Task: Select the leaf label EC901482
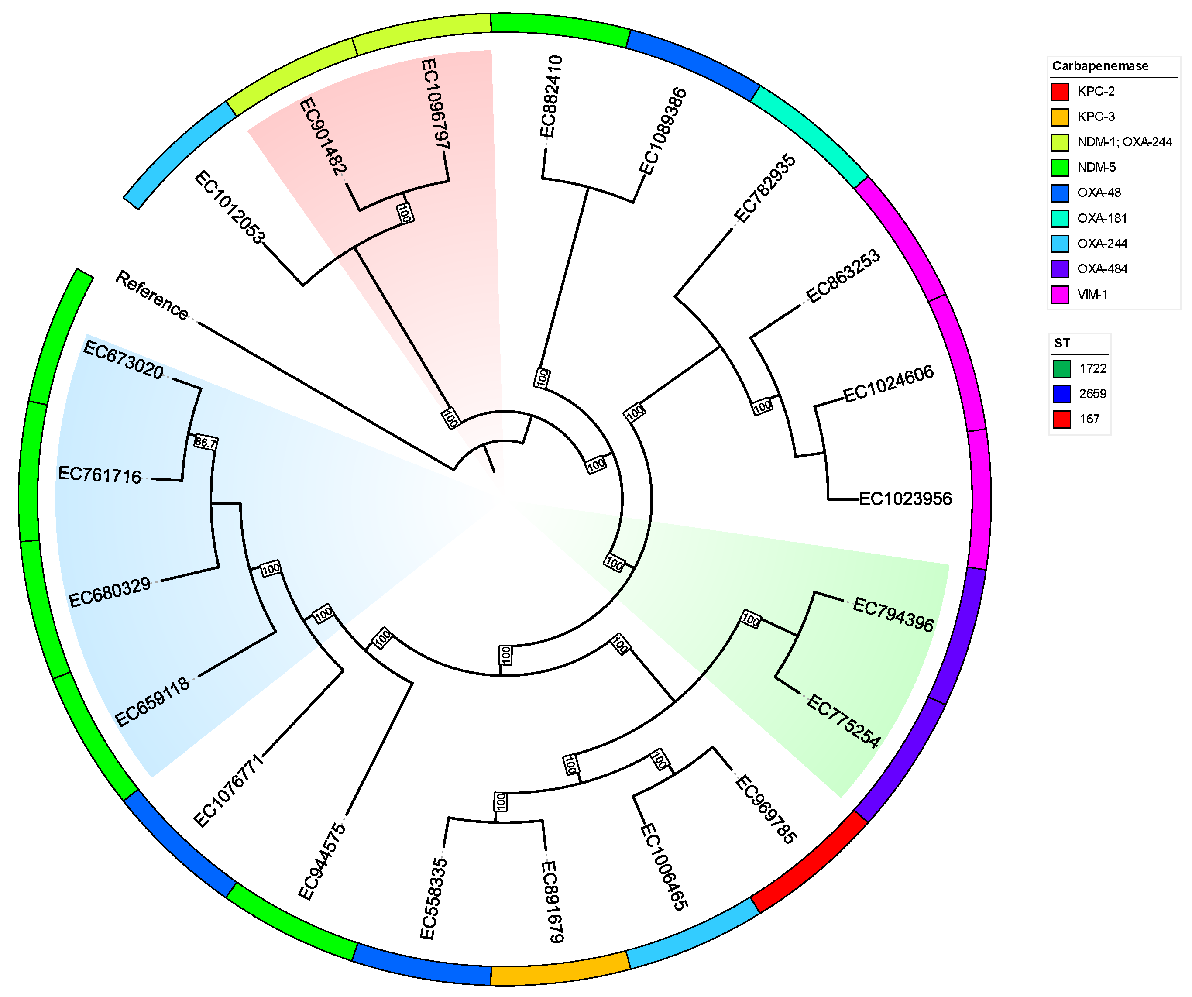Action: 323,136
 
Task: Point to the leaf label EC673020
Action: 124,359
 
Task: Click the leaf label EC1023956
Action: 905,499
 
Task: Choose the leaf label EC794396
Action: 893,615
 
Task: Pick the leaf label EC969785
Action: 766,810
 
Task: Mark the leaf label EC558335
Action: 434,898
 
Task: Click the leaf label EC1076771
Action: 229,791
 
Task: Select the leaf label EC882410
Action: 550,96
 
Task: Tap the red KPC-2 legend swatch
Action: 1060,91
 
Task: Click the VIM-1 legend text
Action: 1092,295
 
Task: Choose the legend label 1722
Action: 1092,368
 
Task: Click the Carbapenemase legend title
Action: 1100,66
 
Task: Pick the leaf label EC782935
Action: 765,189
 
